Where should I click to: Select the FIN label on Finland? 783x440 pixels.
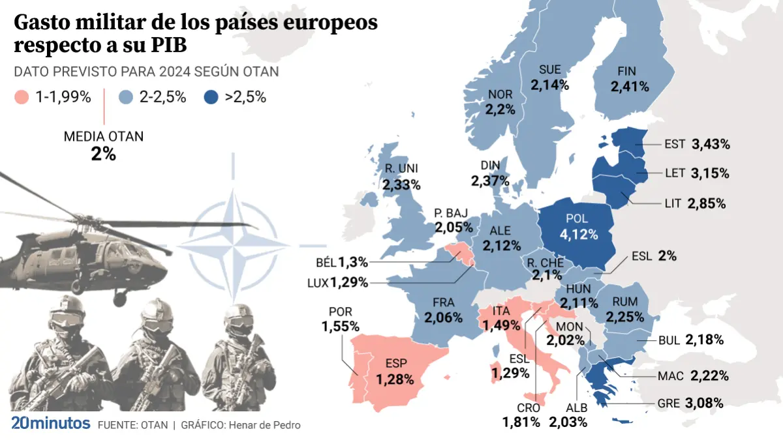click(x=630, y=72)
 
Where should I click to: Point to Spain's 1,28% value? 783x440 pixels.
click(x=394, y=378)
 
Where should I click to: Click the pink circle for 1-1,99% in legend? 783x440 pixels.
click(x=20, y=98)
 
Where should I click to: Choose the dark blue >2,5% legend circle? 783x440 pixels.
click(x=210, y=98)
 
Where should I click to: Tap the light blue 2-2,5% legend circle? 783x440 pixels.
click(x=127, y=98)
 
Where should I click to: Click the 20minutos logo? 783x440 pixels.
click(x=51, y=423)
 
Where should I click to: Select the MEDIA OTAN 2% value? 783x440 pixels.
click(x=104, y=154)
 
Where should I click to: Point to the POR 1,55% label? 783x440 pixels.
click(x=340, y=319)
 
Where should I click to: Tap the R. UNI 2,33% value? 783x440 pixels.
click(x=401, y=186)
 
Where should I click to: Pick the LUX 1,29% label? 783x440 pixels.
click(x=339, y=283)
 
